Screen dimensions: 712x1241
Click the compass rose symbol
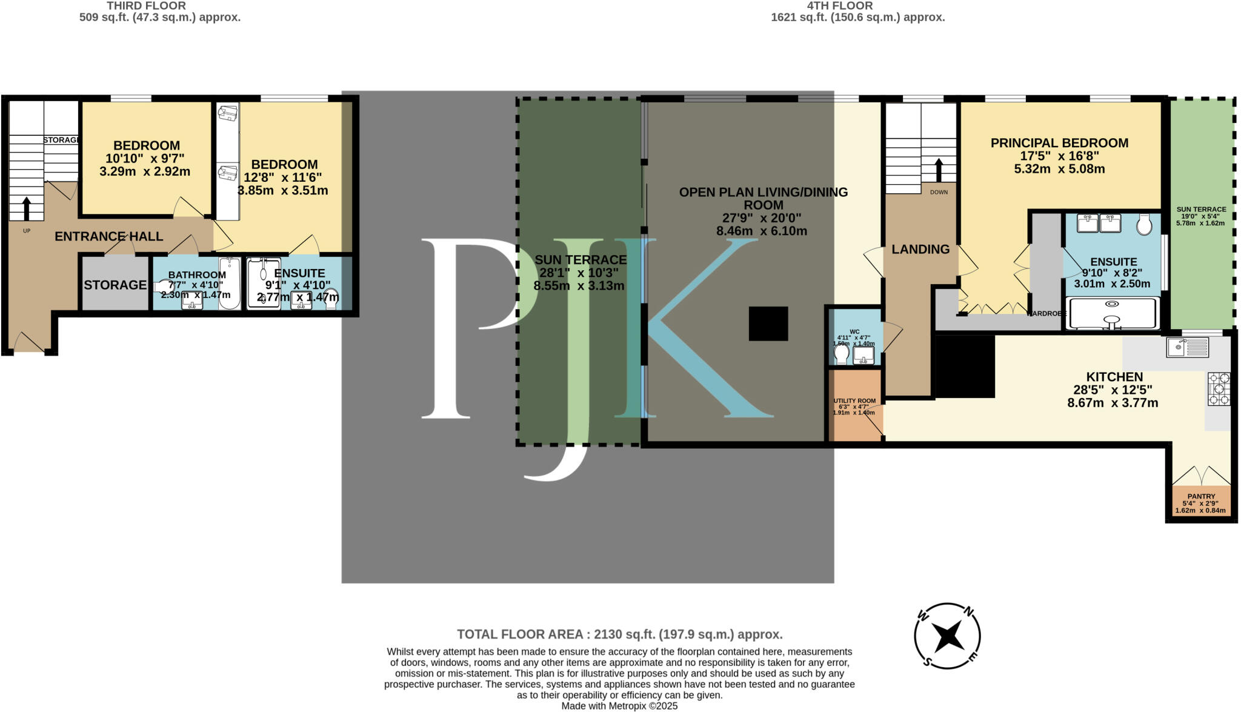click(x=947, y=636)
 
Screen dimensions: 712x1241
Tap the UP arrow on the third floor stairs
click(x=26, y=208)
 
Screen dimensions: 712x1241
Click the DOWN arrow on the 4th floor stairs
click(x=939, y=170)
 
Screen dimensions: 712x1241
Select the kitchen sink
click(x=1187, y=347)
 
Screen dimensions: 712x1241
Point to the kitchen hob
click(x=1219, y=388)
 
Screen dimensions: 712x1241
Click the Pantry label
click(x=1201, y=496)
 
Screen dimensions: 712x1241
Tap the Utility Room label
click(x=854, y=401)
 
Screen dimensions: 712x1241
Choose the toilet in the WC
click(x=842, y=353)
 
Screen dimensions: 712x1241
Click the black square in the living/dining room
click(x=768, y=324)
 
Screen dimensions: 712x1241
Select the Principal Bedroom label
click(x=1059, y=143)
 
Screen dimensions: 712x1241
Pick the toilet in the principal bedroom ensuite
click(x=1144, y=224)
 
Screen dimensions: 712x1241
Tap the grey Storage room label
click(x=115, y=285)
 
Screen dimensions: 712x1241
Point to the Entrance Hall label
click(x=109, y=236)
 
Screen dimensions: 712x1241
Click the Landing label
click(x=920, y=249)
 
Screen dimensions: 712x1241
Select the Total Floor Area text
click(x=619, y=634)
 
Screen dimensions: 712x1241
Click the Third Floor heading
click(x=146, y=6)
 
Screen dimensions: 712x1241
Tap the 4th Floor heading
click(x=840, y=6)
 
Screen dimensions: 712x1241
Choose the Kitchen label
click(x=1114, y=376)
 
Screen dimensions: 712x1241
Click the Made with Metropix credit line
click(x=619, y=706)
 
